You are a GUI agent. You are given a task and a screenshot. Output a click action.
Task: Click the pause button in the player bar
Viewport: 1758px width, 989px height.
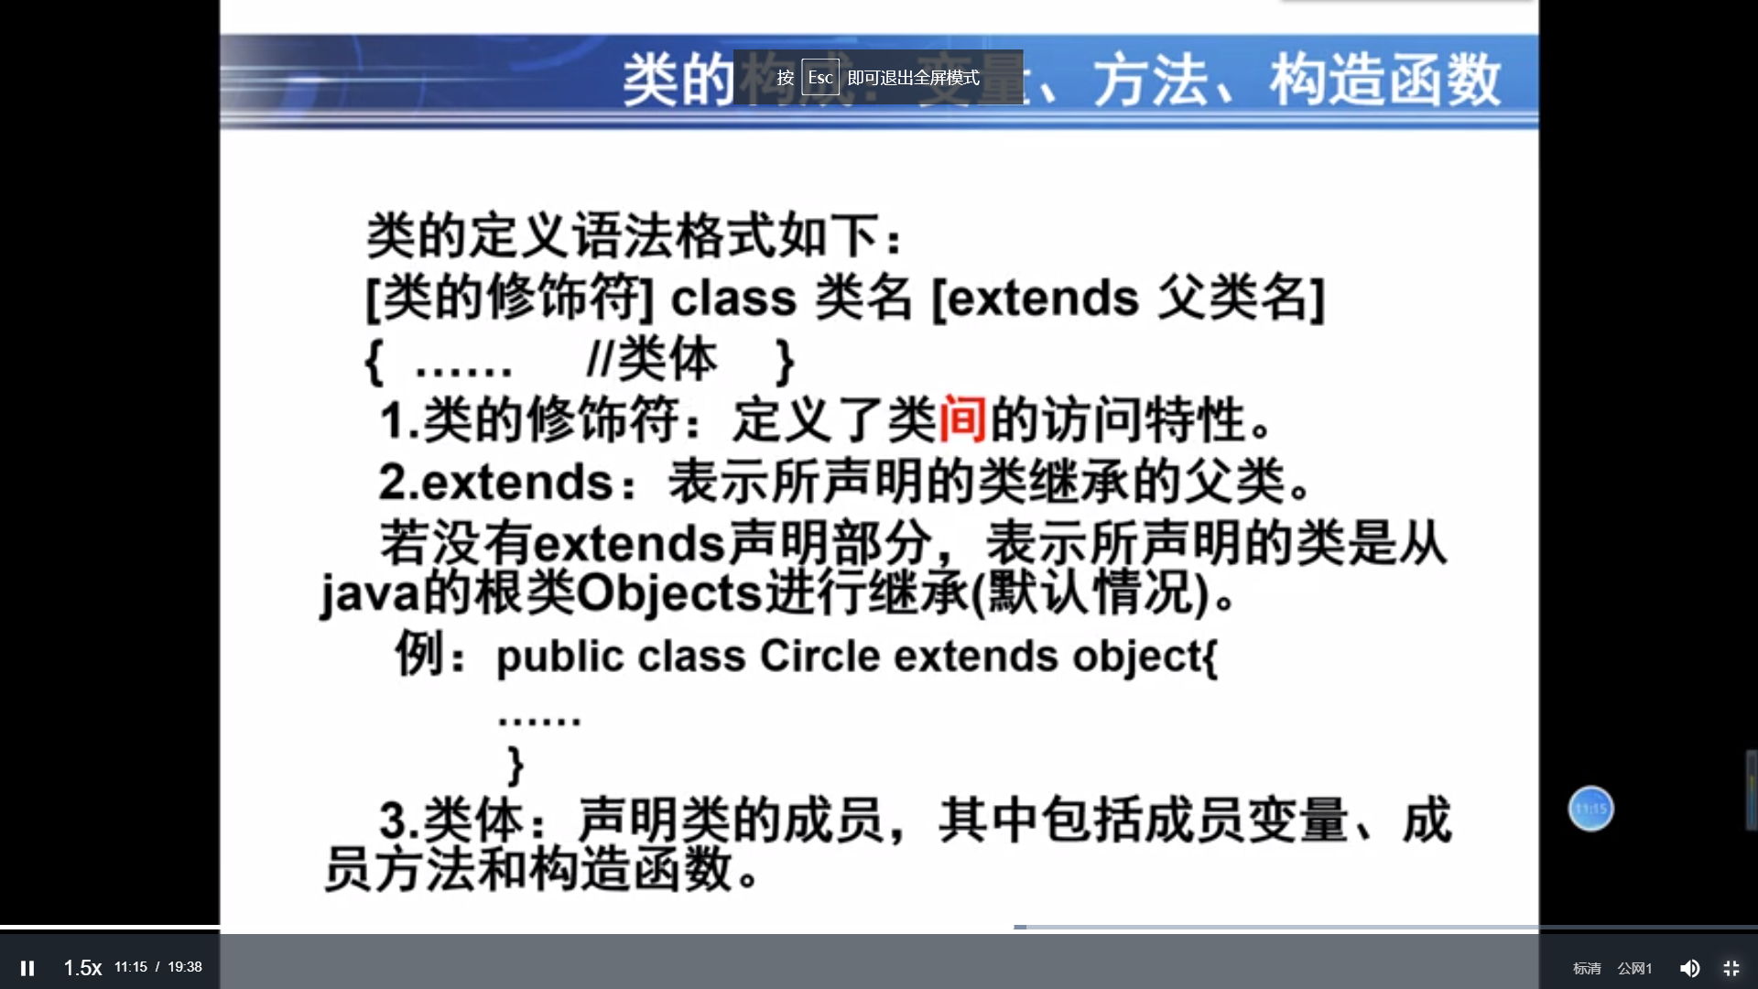[27, 968]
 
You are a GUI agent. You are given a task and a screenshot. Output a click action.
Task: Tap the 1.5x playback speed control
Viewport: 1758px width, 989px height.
[82, 968]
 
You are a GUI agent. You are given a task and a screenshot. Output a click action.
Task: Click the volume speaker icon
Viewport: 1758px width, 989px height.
[1689, 968]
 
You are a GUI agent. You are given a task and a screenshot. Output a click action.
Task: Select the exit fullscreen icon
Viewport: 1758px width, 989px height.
[1731, 968]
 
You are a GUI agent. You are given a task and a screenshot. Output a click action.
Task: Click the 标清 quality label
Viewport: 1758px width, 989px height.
[1587, 968]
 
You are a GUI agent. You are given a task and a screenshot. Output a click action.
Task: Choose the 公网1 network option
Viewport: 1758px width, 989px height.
[1634, 968]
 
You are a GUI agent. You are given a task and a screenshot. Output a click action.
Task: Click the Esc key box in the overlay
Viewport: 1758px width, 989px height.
[820, 78]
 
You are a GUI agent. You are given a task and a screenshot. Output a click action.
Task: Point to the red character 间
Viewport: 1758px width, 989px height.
[962, 420]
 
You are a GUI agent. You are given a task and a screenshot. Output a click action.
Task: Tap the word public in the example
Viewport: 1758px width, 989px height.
[559, 657]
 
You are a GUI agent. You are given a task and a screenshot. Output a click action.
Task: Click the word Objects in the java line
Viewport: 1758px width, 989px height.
[668, 594]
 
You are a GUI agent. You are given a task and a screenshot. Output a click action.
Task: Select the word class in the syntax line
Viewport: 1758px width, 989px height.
[733, 299]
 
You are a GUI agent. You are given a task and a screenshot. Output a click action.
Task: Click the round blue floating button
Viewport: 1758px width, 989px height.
[1591, 809]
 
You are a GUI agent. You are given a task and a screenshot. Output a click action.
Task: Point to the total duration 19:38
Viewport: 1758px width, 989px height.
[185, 967]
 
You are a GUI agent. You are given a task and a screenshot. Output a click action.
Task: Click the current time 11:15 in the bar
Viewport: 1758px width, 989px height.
[131, 967]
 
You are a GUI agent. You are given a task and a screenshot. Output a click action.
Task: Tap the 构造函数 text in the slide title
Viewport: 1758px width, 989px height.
[1384, 81]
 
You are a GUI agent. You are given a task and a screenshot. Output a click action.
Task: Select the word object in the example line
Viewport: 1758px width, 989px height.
[1145, 657]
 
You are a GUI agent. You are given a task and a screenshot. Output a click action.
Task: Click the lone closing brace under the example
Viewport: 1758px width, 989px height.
[515, 765]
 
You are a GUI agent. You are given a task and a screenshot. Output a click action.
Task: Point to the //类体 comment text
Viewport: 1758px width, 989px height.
[652, 359]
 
